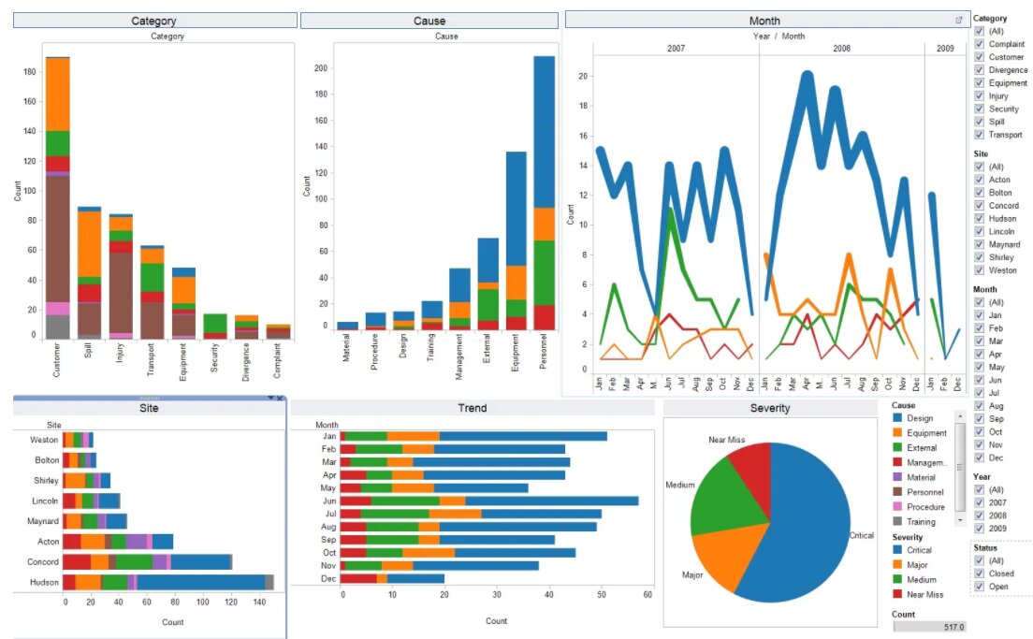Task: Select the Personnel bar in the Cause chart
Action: [x=545, y=187]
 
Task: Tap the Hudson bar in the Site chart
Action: [x=168, y=582]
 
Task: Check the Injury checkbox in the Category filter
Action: [x=979, y=95]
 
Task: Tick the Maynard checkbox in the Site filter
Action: [x=979, y=244]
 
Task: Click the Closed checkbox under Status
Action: [x=979, y=574]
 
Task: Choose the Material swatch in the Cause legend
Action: [x=898, y=477]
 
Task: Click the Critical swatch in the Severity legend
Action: [x=898, y=550]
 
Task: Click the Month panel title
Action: [x=764, y=21]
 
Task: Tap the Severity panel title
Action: [x=770, y=409]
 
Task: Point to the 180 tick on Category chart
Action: [x=28, y=71]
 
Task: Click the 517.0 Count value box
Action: [x=930, y=627]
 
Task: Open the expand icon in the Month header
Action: [x=958, y=20]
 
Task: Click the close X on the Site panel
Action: [x=279, y=399]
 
